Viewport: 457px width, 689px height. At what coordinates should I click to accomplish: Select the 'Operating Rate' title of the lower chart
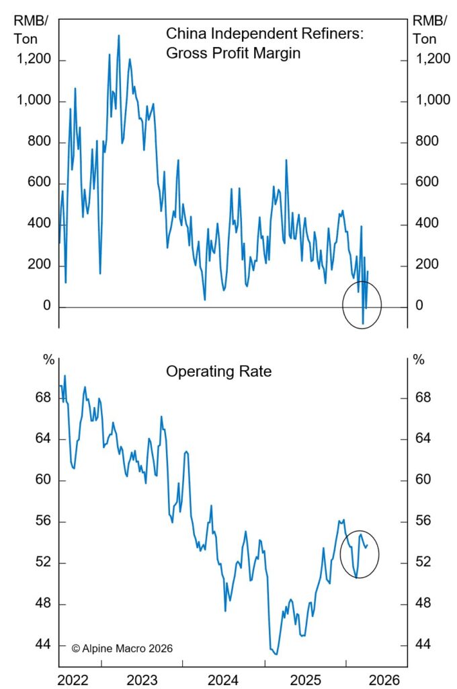pyautogui.click(x=219, y=371)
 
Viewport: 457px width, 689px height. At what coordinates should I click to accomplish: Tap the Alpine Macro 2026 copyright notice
pyautogui.click(x=122, y=648)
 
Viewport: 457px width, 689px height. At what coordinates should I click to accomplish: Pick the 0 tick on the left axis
pyautogui.click(x=45, y=307)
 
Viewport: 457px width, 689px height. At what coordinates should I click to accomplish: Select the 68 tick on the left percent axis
pyautogui.click(x=42, y=398)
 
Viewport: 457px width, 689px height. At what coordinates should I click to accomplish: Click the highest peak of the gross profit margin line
pyautogui.click(x=119, y=36)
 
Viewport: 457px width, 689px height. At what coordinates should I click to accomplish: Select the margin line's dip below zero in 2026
pyautogui.click(x=363, y=324)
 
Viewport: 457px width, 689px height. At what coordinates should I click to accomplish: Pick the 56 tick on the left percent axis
pyautogui.click(x=42, y=521)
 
